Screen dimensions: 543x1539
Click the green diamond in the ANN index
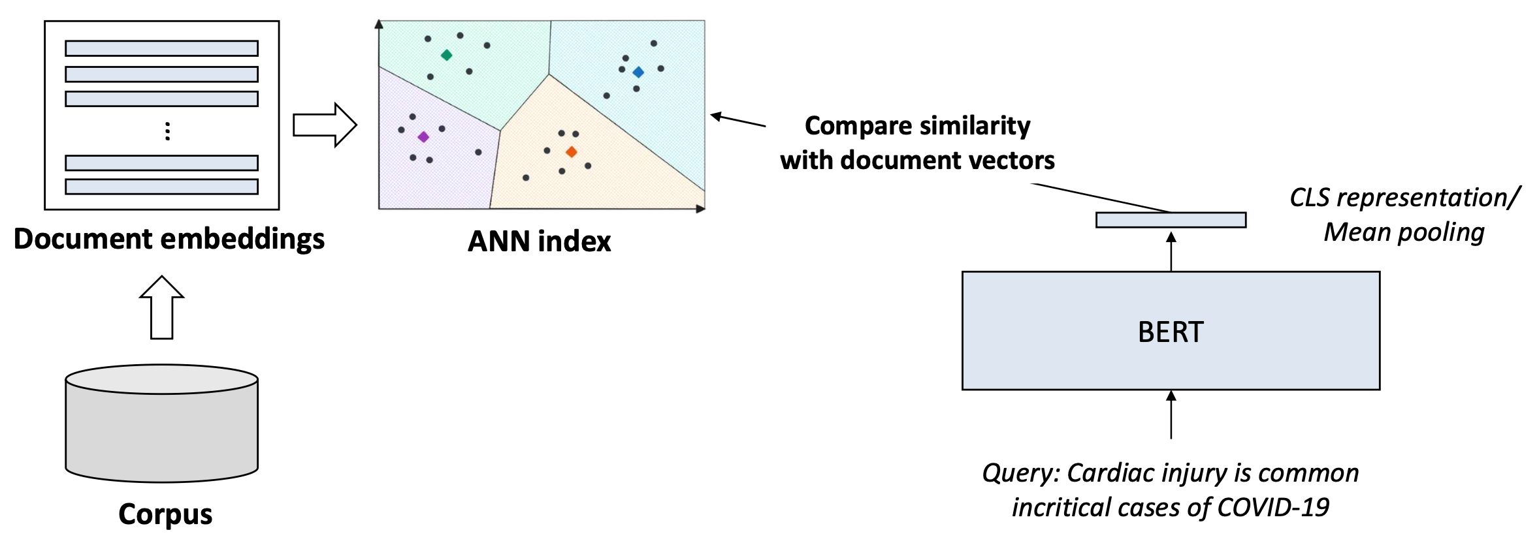[x=446, y=55]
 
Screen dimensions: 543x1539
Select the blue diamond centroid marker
[x=638, y=72]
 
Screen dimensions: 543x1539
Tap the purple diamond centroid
[x=423, y=137]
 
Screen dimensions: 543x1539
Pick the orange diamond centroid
[x=572, y=152]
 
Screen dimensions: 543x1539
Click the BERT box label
[x=1170, y=332]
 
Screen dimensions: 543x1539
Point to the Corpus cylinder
[x=161, y=424]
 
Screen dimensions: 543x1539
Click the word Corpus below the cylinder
[x=165, y=514]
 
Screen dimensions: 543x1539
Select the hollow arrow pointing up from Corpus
[x=161, y=307]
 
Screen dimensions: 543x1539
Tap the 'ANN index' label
[x=539, y=241]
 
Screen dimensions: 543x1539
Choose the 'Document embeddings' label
[x=169, y=239]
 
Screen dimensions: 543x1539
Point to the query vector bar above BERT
[x=1171, y=220]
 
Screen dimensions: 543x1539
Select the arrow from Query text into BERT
[x=1171, y=415]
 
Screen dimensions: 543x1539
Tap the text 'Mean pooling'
[x=1404, y=232]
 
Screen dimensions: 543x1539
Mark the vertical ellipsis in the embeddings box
[x=168, y=131]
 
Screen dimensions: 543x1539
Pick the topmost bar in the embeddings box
[x=161, y=48]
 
